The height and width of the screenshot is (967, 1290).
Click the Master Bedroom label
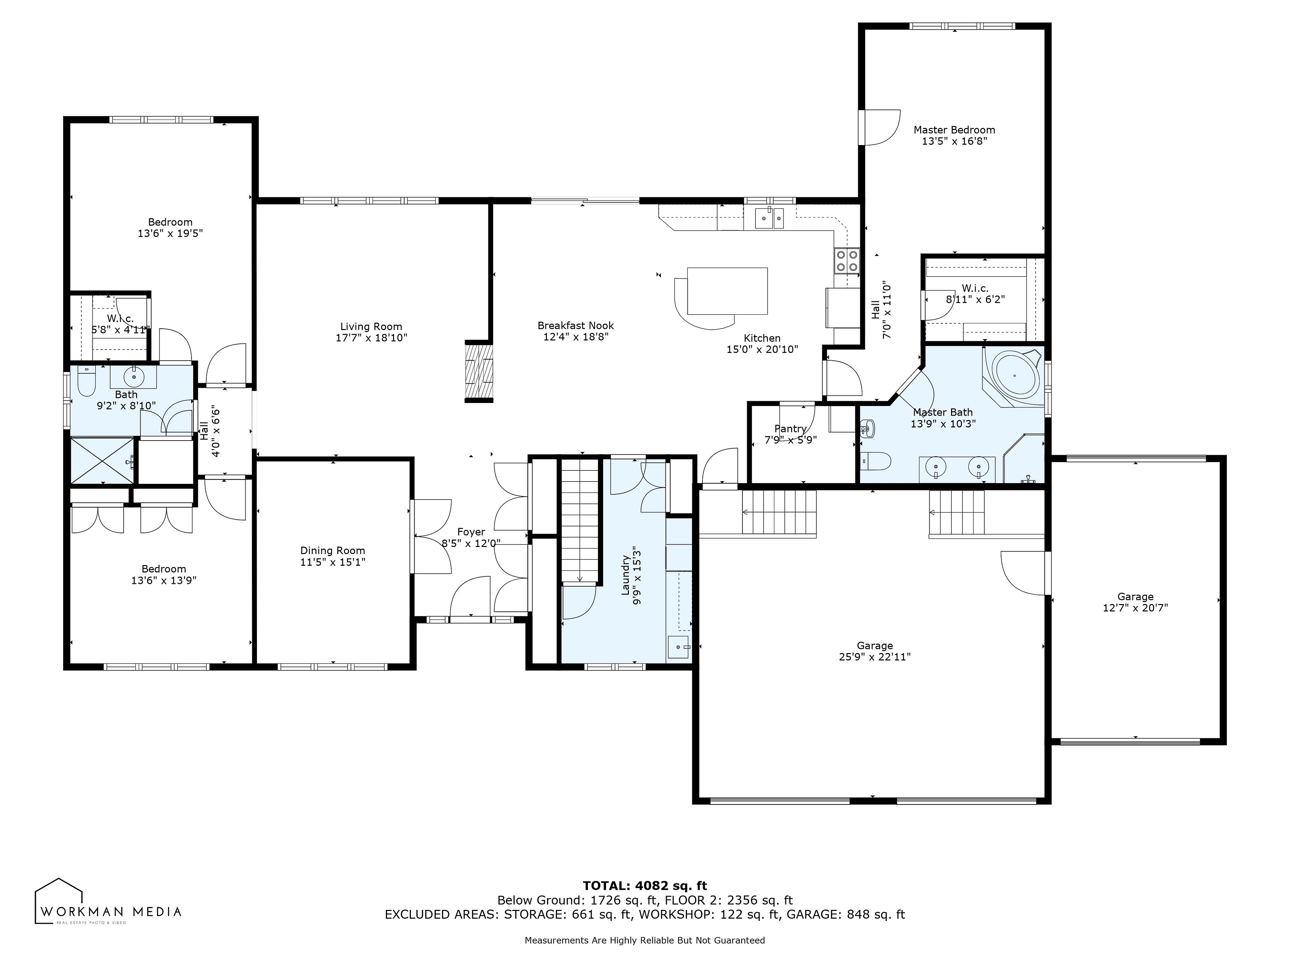[x=954, y=130]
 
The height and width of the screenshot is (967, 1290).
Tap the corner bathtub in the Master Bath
[x=1014, y=376]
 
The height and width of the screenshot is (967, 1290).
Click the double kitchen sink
[x=769, y=218]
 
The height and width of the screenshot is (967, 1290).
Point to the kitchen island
[x=727, y=291]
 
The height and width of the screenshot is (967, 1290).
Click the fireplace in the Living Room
[x=479, y=371]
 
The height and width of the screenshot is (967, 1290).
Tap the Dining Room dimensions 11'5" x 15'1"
[x=333, y=562]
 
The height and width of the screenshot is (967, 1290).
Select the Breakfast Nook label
[x=575, y=325]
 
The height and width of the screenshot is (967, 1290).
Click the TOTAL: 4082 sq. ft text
[x=645, y=886]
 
